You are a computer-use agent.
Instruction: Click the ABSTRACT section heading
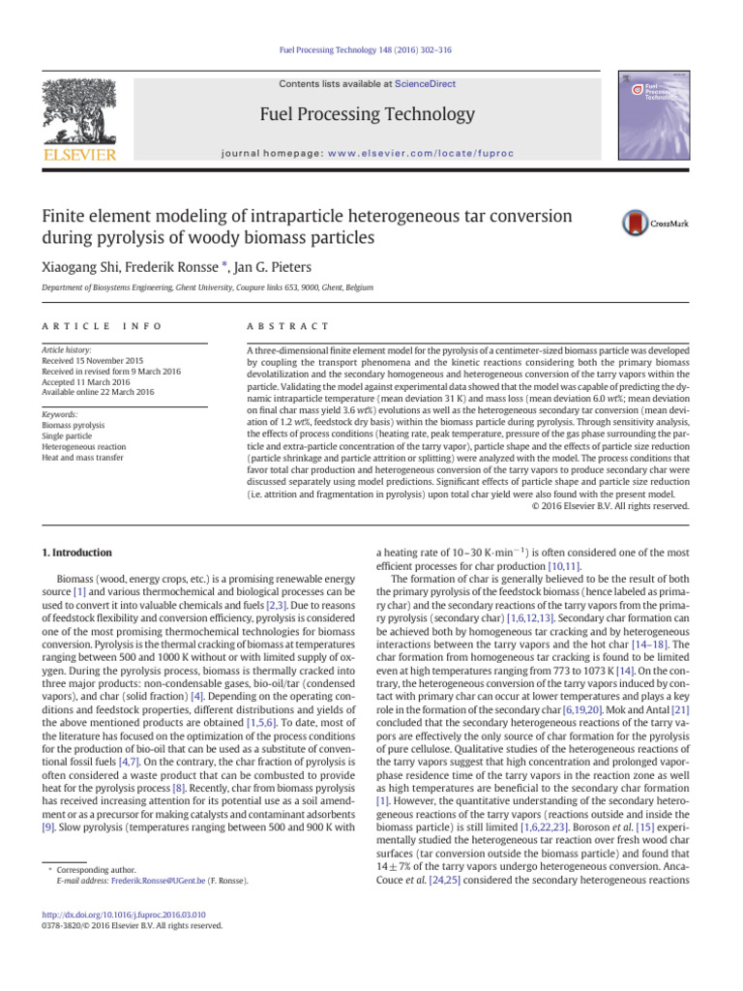[288, 327]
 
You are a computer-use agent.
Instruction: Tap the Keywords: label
[63, 414]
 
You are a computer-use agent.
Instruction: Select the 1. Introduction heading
[75, 553]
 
